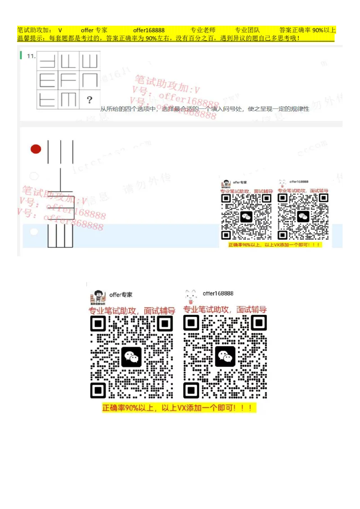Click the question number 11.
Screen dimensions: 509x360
pyautogui.click(x=31, y=56)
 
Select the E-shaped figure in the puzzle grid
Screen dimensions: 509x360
pyautogui.click(x=47, y=80)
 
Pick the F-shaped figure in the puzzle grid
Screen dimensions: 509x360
pyautogui.click(x=68, y=80)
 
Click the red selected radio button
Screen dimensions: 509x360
pyautogui.click(x=36, y=149)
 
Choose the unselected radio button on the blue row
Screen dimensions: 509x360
pyautogui.click(x=34, y=232)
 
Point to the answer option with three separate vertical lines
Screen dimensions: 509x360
pyautogui.click(x=60, y=152)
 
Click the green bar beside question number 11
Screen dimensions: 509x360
pyautogui.click(x=21, y=55)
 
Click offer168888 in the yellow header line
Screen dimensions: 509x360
pyautogui.click(x=148, y=30)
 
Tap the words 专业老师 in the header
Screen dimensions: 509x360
pyautogui.click(x=203, y=30)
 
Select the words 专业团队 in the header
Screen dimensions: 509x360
pyautogui.click(x=247, y=30)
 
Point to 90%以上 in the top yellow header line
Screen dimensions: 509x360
pyautogui.click(x=324, y=30)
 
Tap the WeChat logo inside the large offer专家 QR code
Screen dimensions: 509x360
pyautogui.click(x=131, y=357)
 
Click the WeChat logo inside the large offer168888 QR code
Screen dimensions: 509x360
pyautogui.click(x=225, y=357)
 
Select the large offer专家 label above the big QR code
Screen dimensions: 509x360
pyautogui.click(x=121, y=295)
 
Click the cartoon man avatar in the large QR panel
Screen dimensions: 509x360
pyautogui.click(x=98, y=297)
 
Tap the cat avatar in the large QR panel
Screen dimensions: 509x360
pyautogui.click(x=191, y=296)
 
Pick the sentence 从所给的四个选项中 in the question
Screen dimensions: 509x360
pyautogui.click(x=128, y=109)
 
